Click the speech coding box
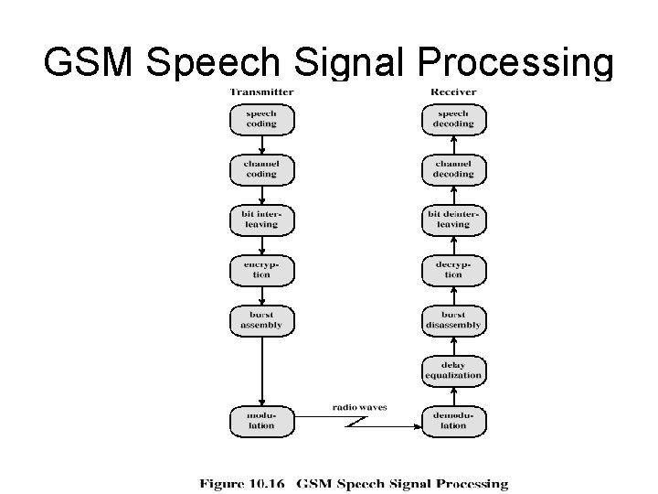pos(261,119)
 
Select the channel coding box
pos(261,168)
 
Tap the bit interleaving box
pos(261,219)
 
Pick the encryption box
pos(261,269)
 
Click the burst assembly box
pos(261,319)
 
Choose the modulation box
pos(261,420)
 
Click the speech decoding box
pos(453,119)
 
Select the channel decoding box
pos(453,168)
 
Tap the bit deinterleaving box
pos(453,219)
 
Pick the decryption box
pos(453,269)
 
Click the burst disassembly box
pos(453,319)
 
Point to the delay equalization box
pos(453,370)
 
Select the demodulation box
pos(453,420)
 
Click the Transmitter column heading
pos(261,91)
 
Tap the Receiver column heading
pos(453,91)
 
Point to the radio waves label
pos(359,407)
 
